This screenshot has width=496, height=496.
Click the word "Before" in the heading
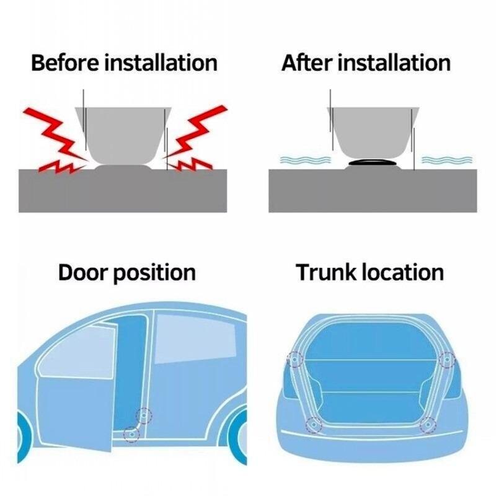tap(64, 63)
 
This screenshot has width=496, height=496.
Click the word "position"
tap(154, 273)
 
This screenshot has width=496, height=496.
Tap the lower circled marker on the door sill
tap(130, 433)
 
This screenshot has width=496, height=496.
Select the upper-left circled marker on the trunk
tap(294, 359)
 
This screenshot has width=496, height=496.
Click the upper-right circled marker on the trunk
tap(446, 359)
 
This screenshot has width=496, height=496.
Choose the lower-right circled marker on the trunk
tap(428, 425)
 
